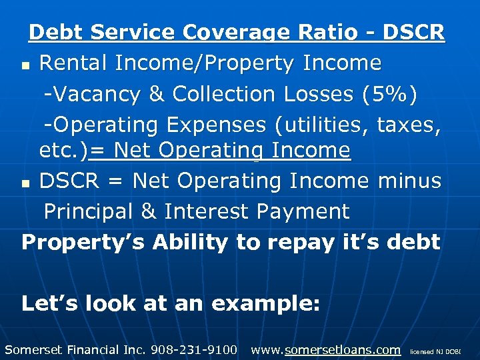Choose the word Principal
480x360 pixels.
point(92,211)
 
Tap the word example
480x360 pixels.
point(266,304)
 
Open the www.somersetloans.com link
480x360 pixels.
point(326,349)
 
